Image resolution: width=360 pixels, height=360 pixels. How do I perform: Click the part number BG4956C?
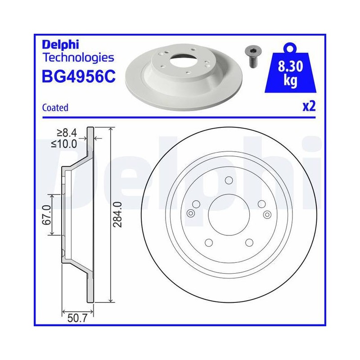78,76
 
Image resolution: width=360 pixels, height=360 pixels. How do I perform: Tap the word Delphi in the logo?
60,45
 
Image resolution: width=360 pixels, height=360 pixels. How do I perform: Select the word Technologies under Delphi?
78,58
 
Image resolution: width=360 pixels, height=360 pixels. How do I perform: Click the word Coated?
55,108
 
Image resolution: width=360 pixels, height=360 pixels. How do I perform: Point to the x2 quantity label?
309,107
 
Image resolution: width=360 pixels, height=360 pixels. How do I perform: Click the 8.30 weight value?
290,66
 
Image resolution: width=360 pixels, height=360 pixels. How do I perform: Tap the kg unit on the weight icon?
290,81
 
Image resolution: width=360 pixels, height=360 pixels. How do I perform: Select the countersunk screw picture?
251,56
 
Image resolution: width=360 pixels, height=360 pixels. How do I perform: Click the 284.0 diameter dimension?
117,215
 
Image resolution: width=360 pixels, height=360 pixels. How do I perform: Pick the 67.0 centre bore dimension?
47,215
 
